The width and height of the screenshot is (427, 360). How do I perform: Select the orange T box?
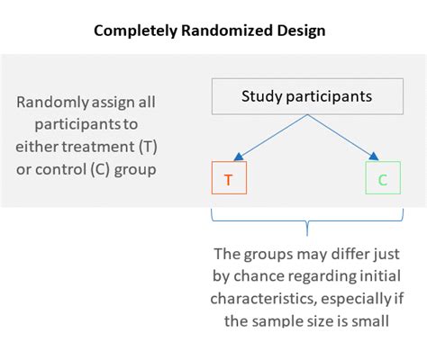tap(228, 179)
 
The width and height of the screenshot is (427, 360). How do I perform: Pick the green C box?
tap(382, 179)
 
